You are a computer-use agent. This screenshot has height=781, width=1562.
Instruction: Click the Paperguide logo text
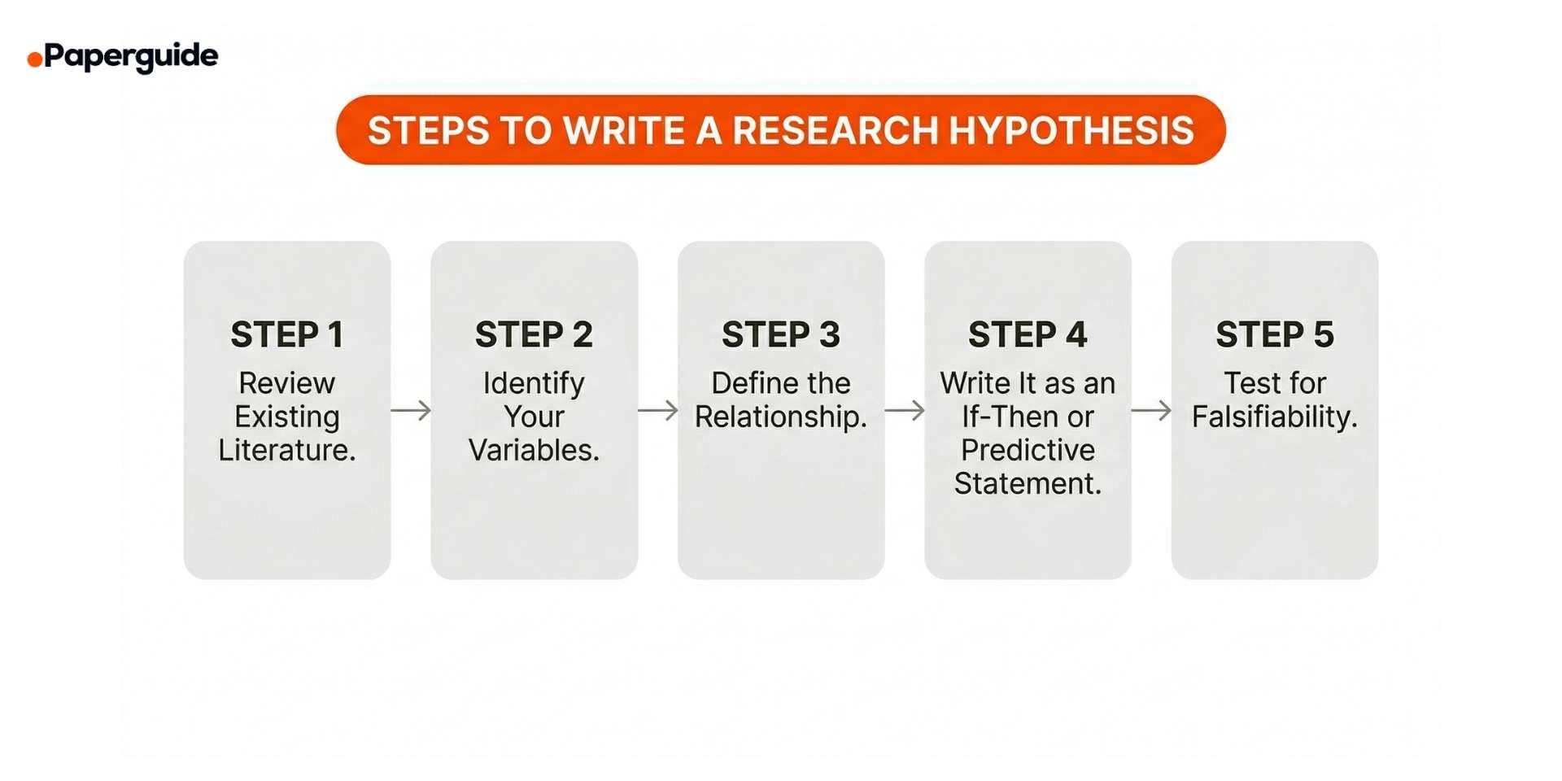point(131,56)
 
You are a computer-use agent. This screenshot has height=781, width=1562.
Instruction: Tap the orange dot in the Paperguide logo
point(34,59)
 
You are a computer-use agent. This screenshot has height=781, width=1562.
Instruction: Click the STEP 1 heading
point(287,334)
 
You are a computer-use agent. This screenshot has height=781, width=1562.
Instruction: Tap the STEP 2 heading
point(534,334)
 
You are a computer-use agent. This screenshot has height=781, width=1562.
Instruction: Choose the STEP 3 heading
point(781,334)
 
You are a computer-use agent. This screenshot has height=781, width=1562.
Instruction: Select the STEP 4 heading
point(1028,334)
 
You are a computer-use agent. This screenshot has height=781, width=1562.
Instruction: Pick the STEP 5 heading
point(1275,334)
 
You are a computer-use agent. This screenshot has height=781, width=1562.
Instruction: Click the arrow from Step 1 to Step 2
point(411,410)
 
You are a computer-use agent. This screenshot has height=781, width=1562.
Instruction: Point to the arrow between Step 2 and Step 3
point(657,410)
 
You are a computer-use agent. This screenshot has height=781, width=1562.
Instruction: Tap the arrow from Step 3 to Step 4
point(905,410)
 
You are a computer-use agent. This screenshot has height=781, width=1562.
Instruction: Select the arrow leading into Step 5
point(1151,410)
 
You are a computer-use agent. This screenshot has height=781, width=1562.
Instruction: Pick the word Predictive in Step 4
point(1028,450)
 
